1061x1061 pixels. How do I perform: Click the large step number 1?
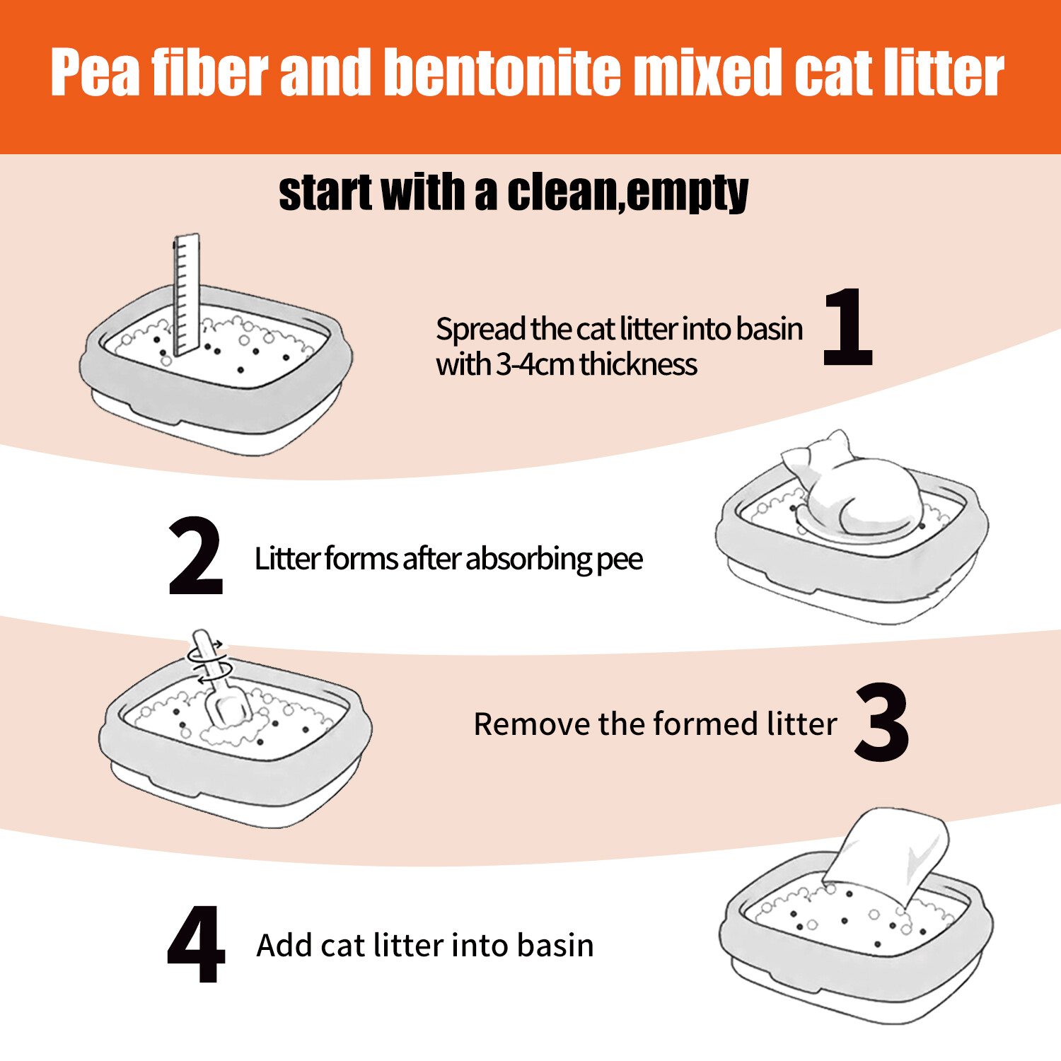click(849, 327)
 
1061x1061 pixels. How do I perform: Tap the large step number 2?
click(196, 557)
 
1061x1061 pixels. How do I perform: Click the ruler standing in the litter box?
click(187, 295)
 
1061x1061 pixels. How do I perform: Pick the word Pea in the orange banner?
click(95, 72)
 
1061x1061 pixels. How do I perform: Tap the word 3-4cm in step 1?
click(535, 365)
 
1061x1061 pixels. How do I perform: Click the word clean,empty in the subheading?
click(627, 192)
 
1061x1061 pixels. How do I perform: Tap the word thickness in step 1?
click(638, 365)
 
